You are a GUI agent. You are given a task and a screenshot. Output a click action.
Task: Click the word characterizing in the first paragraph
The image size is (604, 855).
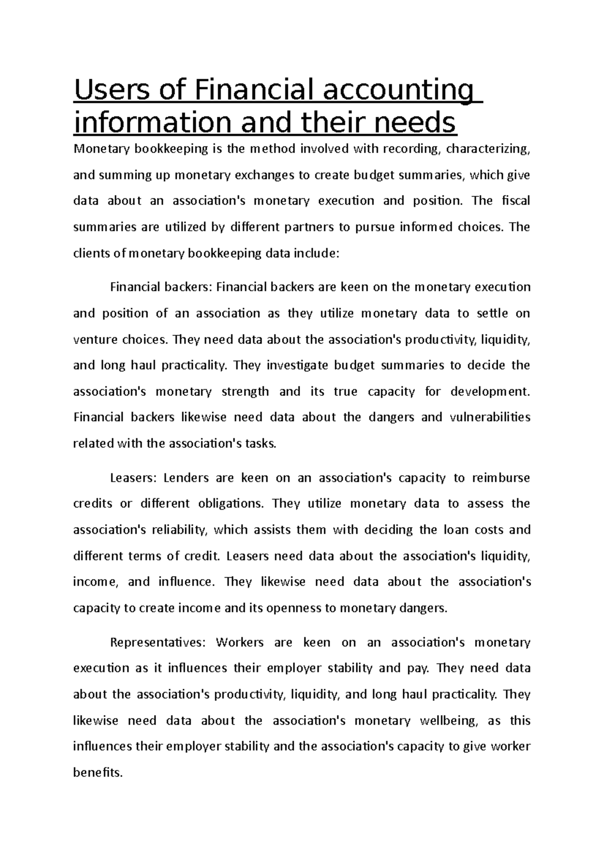(x=488, y=149)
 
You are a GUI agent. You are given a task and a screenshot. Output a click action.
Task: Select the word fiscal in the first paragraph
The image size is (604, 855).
(x=516, y=201)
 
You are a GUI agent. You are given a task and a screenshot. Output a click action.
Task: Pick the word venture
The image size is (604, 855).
(x=94, y=339)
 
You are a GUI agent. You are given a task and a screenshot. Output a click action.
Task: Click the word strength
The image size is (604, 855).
(x=245, y=391)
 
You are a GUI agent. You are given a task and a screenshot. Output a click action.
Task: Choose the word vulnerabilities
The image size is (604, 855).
(x=489, y=417)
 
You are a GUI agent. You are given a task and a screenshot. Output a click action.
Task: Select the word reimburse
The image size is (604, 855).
(x=501, y=477)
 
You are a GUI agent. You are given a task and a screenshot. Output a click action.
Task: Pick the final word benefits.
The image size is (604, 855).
(x=98, y=772)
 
